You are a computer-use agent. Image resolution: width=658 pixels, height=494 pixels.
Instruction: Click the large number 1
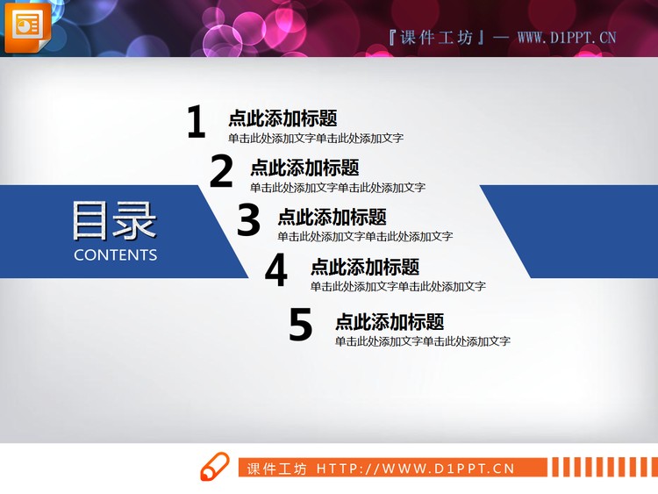click(196, 123)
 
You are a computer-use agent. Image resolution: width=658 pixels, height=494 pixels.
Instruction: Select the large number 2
click(221, 172)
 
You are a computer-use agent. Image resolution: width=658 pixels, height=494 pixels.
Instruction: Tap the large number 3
click(249, 220)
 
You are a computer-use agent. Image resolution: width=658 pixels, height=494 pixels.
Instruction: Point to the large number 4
click(276, 270)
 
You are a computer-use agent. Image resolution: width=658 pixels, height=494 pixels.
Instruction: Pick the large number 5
click(301, 326)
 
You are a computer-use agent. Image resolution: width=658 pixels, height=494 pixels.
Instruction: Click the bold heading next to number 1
click(283, 118)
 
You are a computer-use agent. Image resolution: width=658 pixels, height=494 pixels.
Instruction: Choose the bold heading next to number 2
click(304, 168)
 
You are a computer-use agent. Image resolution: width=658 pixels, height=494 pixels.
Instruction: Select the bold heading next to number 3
click(332, 217)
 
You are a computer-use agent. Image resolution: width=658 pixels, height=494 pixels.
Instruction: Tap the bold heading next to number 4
click(365, 267)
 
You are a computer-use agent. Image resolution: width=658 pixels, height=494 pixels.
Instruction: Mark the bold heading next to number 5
click(390, 321)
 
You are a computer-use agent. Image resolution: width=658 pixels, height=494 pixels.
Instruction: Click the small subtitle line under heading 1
click(316, 138)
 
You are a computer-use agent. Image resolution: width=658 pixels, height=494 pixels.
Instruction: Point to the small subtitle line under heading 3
click(365, 236)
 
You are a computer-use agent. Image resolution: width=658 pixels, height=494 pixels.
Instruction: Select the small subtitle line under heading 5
click(423, 341)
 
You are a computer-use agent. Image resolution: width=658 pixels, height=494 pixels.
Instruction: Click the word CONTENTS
click(116, 255)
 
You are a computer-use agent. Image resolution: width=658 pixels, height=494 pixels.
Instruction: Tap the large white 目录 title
click(114, 220)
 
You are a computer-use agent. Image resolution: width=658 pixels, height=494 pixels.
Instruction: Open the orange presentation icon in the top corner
click(27, 25)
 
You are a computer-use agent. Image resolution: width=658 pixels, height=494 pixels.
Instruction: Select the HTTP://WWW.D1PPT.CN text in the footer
click(415, 469)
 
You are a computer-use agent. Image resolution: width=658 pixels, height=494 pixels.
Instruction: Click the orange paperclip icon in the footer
click(215, 467)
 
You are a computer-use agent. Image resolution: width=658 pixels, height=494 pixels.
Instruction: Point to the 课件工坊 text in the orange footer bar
click(277, 469)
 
